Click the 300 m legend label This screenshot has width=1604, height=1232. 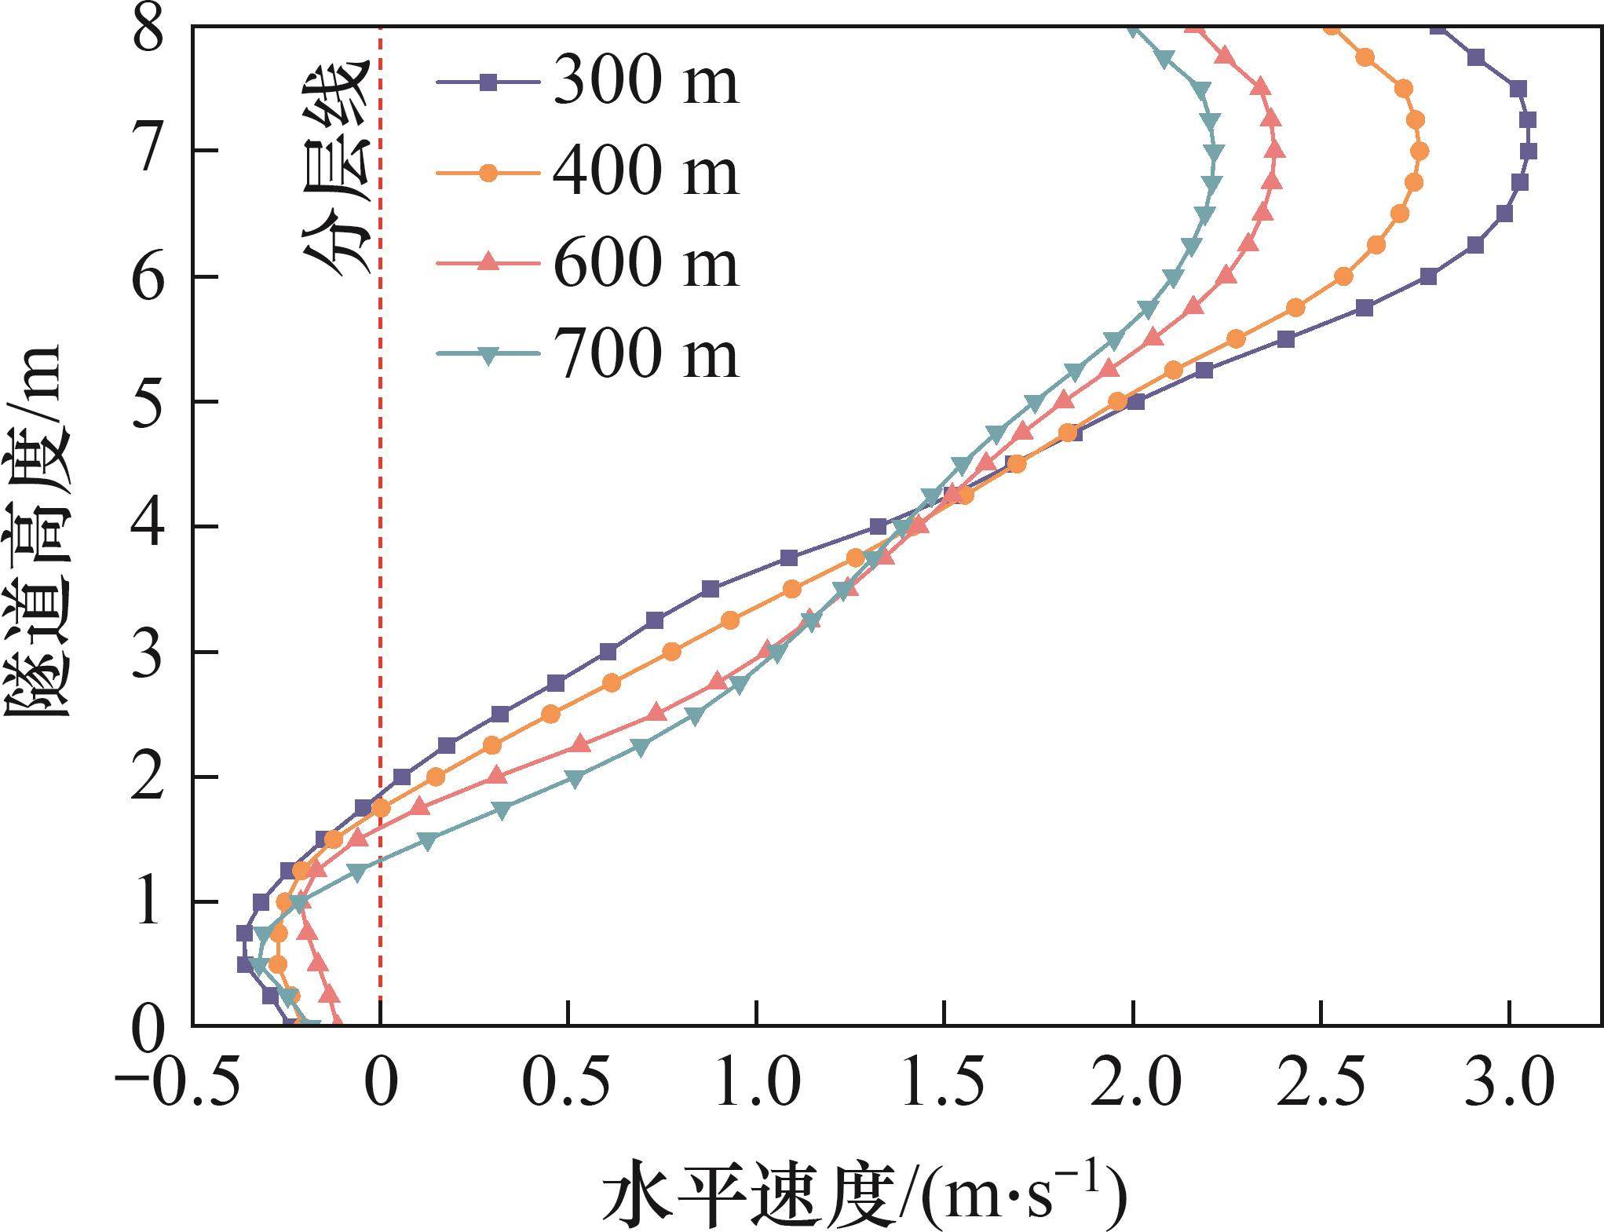[x=645, y=82]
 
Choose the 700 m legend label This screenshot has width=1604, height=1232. [x=645, y=355]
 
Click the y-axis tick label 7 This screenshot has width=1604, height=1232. [x=149, y=151]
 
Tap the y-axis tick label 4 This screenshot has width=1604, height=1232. [x=149, y=527]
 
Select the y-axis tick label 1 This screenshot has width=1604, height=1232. [x=149, y=902]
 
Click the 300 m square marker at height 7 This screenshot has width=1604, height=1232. [x=1528, y=151]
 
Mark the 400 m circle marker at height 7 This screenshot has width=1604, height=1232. [x=1419, y=151]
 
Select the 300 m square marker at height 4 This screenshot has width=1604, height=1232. [x=878, y=526]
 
